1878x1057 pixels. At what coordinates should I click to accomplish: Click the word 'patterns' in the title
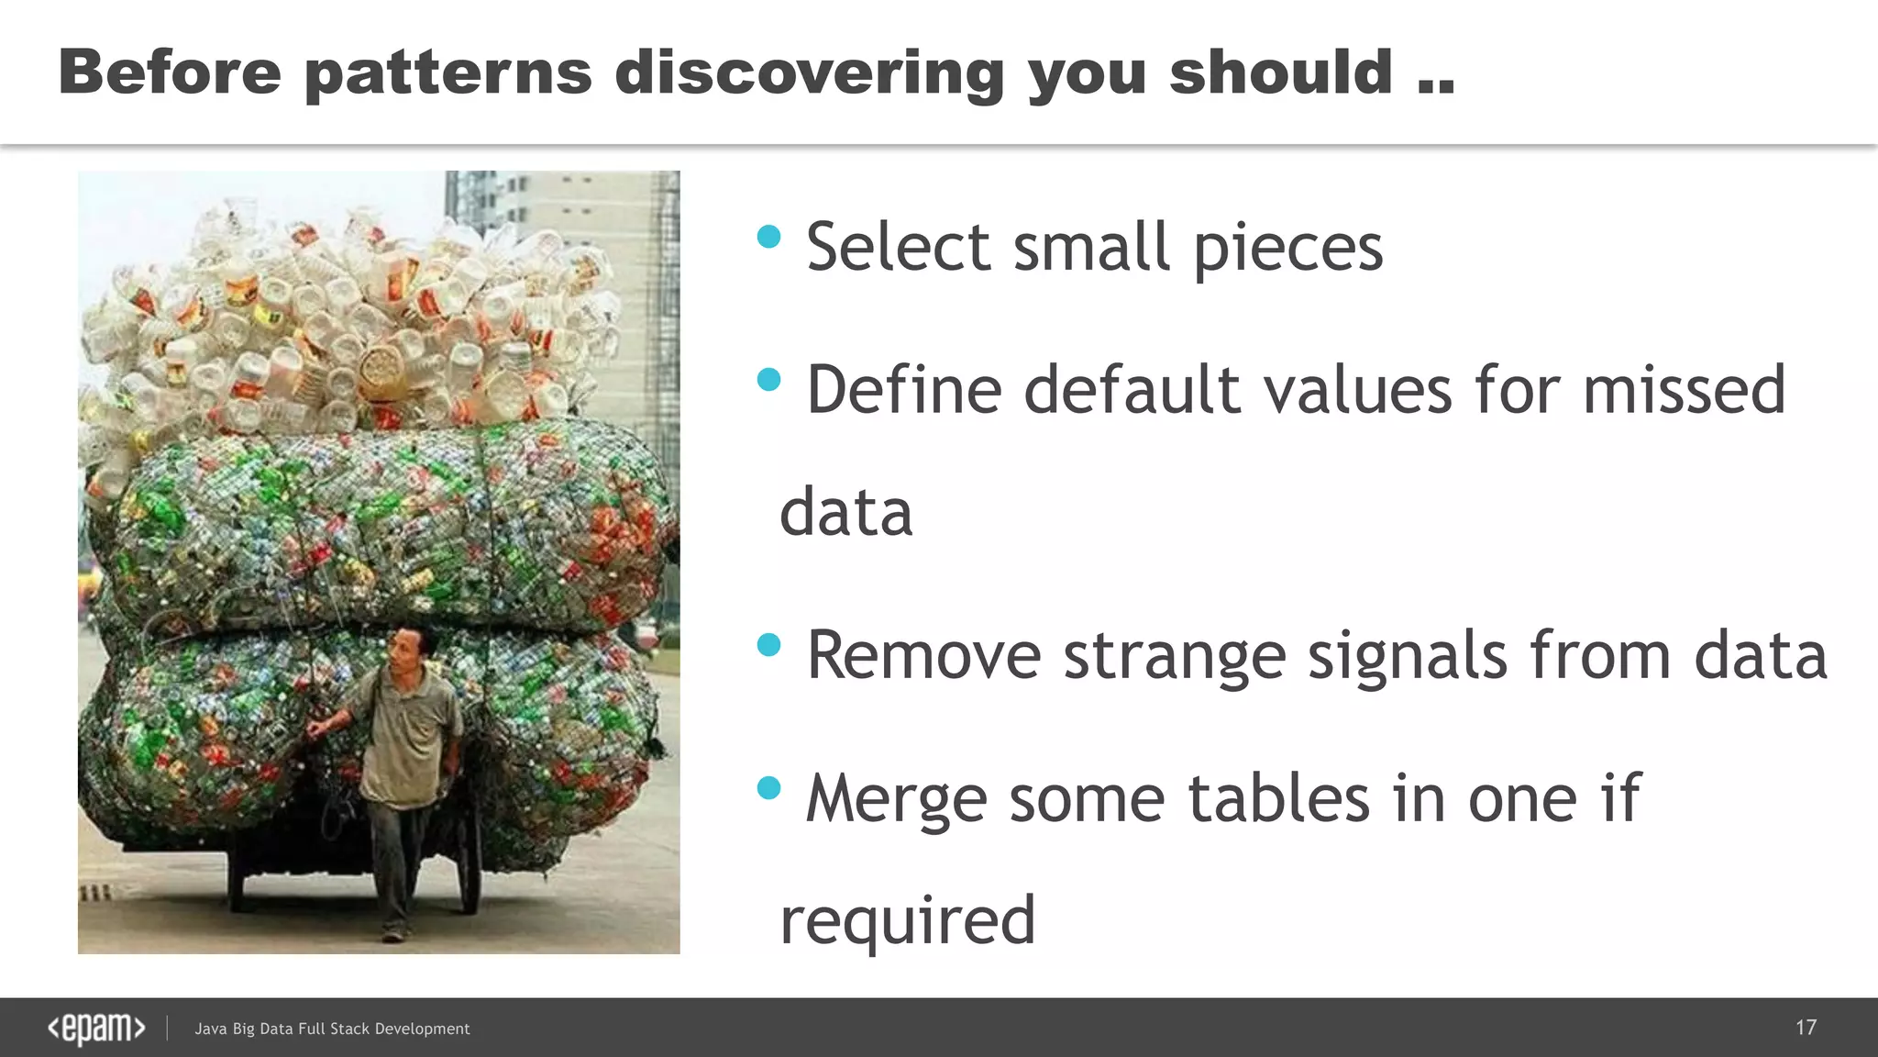click(x=447, y=73)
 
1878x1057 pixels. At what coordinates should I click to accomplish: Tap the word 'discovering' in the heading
click(x=810, y=73)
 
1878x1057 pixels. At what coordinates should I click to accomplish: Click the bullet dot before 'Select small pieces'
click(x=768, y=238)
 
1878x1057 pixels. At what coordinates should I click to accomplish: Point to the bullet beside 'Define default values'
click(x=768, y=380)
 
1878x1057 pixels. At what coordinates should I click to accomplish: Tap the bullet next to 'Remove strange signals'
click(x=768, y=645)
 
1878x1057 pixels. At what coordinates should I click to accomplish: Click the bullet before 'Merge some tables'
click(x=768, y=787)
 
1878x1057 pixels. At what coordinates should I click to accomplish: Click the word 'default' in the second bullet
click(x=1132, y=390)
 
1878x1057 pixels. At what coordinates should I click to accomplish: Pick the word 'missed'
click(x=1684, y=390)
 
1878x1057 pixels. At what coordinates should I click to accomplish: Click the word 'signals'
click(x=1407, y=657)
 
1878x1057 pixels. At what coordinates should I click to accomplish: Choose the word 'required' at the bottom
click(x=907, y=921)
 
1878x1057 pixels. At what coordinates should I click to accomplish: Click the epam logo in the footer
click(x=96, y=1029)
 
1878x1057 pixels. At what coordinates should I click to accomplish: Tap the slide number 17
click(x=1806, y=1028)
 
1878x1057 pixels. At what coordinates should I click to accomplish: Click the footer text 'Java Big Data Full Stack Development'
click(x=332, y=1029)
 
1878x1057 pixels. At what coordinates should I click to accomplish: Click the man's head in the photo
click(x=404, y=649)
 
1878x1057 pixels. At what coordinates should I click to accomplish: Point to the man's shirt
click(x=410, y=734)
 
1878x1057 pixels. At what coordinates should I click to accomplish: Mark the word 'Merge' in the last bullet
click(x=895, y=798)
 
